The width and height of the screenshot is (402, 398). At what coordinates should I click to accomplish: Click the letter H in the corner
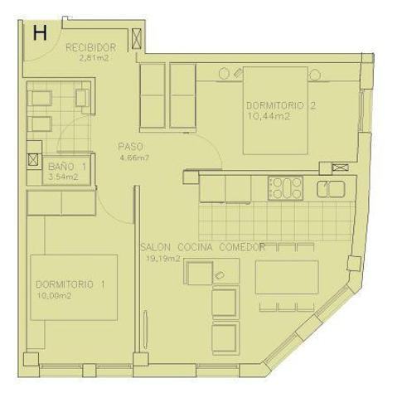point(39,33)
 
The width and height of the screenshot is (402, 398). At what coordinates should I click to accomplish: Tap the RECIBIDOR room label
point(90,47)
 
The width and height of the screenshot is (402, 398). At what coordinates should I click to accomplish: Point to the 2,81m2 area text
point(94,59)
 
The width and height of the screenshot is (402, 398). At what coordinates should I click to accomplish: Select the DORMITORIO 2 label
point(281,105)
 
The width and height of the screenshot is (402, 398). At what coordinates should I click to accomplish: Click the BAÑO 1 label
point(66,166)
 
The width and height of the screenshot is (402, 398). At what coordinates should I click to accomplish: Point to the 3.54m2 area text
point(64,177)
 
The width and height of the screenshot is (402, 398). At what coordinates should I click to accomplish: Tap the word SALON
point(156,246)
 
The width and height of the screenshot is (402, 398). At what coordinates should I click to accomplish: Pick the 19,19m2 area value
point(163,258)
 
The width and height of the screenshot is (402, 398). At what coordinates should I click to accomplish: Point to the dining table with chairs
point(287,278)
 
